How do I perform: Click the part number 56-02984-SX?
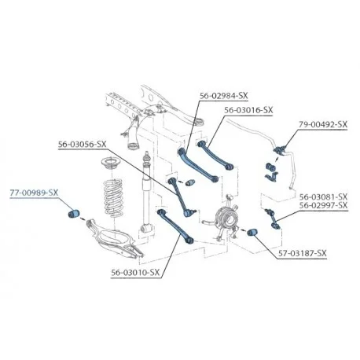click(223, 96)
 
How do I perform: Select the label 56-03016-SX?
click(248, 110)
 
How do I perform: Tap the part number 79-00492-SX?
click(323, 124)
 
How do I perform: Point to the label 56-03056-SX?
click(83, 145)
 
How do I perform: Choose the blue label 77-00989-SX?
click(34, 193)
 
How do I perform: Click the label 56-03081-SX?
click(323, 197)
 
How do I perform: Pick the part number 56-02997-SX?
click(323, 205)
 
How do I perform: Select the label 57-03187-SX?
click(302, 253)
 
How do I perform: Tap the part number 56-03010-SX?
click(135, 273)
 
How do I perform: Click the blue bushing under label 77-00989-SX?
click(74, 213)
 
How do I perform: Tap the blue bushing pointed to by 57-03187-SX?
click(252, 232)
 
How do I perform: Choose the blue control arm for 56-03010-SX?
click(175, 226)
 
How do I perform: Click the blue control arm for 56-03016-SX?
click(215, 155)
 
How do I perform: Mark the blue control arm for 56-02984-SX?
click(197, 165)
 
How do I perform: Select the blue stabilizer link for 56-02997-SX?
click(273, 218)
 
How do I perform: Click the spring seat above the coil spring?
click(112, 163)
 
